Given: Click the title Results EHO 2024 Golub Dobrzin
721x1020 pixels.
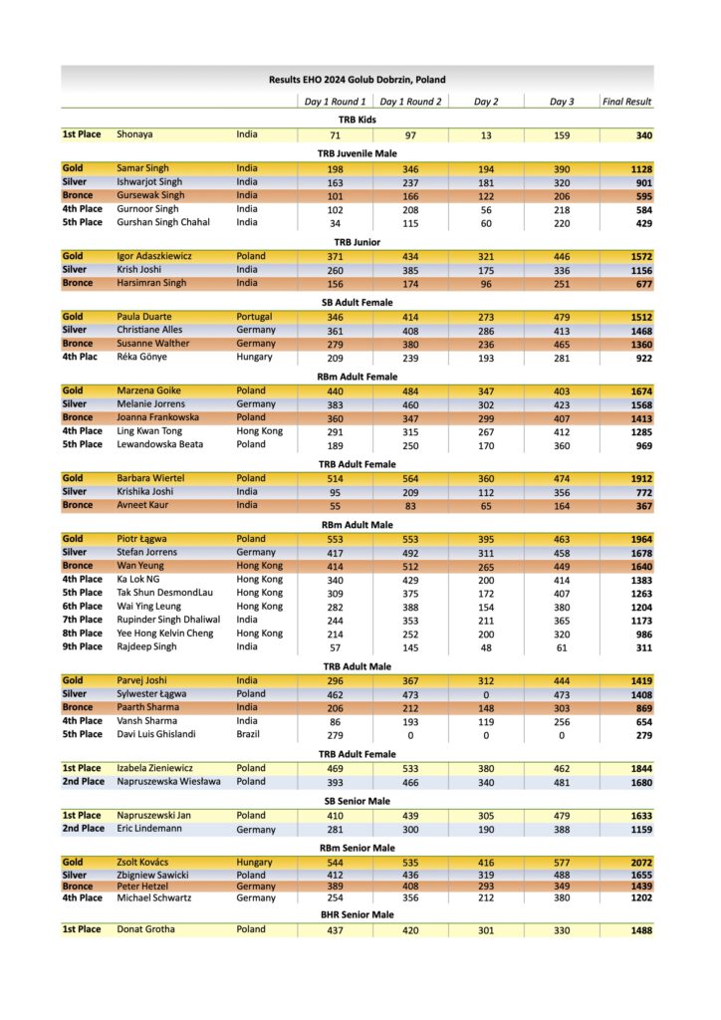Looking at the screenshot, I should [x=357, y=80].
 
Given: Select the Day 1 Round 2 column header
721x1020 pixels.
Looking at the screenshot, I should [x=410, y=102].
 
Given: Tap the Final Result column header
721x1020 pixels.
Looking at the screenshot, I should [x=626, y=102].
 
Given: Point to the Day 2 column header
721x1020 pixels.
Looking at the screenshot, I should [x=486, y=102].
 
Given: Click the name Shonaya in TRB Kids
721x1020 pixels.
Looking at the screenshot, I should [x=135, y=134].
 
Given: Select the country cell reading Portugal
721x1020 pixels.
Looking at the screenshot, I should [x=254, y=317].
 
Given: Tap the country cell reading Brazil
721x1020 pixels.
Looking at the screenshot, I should [x=250, y=734].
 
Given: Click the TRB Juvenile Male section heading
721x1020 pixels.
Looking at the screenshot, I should [x=357, y=153].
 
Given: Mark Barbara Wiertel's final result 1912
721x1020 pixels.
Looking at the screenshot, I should [x=640, y=478].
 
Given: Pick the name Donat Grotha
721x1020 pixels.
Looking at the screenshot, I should [x=146, y=929].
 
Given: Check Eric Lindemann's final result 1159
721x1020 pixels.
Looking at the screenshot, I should [x=640, y=829].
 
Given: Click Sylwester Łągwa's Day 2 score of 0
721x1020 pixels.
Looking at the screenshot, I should [x=486, y=694].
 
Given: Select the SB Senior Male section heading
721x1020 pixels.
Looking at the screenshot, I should [x=357, y=800].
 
